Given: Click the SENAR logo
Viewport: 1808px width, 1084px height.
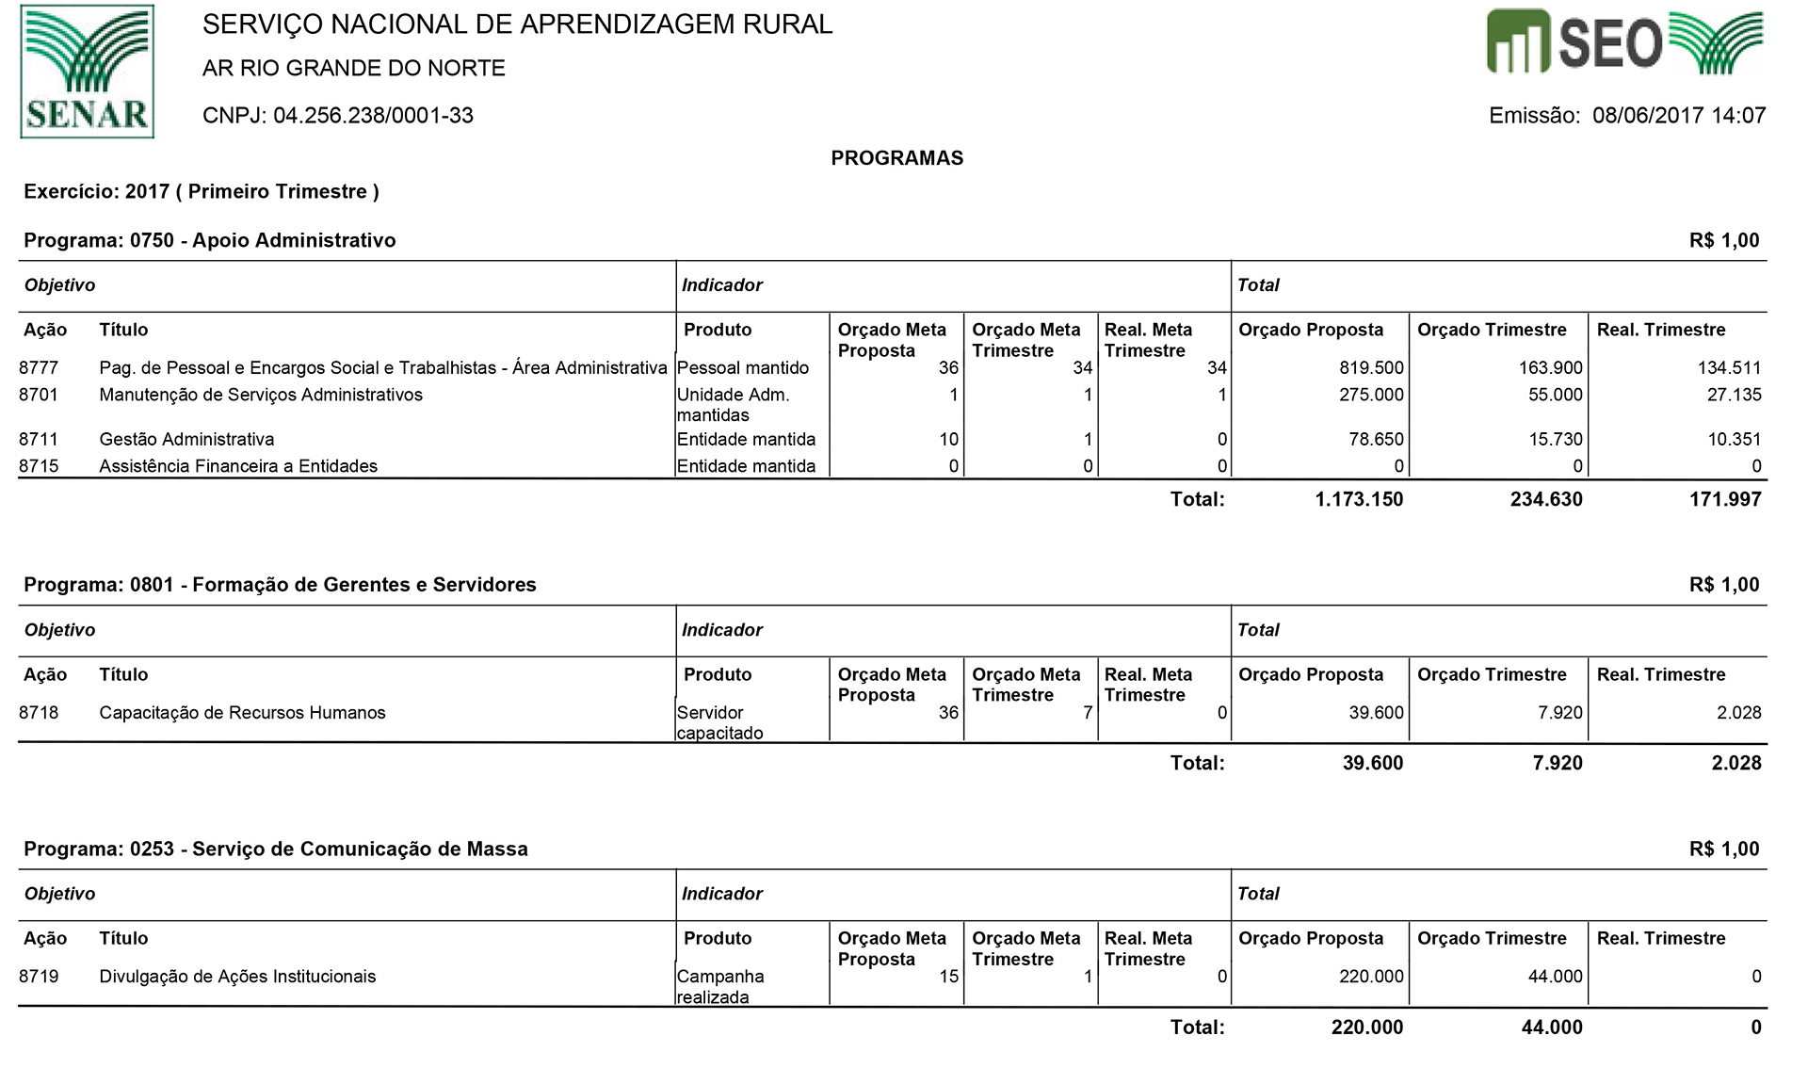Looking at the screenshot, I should click(x=87, y=72).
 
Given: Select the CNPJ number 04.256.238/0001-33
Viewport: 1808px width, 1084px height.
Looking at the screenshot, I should click(x=373, y=116).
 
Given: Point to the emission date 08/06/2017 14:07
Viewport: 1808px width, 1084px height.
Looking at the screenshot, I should click(x=1678, y=116).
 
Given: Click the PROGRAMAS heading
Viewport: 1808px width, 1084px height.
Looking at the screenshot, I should click(x=896, y=158).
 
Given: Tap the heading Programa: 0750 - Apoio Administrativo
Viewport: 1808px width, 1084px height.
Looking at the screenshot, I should click(x=210, y=240).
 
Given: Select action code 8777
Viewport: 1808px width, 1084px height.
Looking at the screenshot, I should click(x=39, y=367).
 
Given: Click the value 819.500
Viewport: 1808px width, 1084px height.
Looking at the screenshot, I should click(x=1371, y=367).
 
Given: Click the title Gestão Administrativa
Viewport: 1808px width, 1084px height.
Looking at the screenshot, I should click(x=186, y=439).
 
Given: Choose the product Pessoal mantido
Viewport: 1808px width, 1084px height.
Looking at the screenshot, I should click(x=743, y=367).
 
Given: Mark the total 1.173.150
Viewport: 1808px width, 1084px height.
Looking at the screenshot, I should click(x=1359, y=499).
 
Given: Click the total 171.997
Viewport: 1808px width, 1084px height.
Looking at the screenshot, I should click(x=1725, y=499).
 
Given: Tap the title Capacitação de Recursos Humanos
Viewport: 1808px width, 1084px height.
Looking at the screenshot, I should click(x=242, y=713).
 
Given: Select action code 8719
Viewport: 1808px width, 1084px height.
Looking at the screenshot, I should click(x=39, y=977).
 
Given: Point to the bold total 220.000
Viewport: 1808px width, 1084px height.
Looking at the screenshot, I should click(x=1366, y=1027).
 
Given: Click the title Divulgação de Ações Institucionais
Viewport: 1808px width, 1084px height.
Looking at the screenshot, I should click(x=237, y=977).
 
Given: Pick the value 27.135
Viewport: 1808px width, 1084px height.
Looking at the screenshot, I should click(x=1734, y=395).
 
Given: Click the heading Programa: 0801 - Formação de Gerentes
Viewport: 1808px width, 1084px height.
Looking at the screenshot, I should click(x=280, y=585).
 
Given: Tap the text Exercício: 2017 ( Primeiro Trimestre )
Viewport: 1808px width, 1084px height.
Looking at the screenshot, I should click(x=202, y=192).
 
